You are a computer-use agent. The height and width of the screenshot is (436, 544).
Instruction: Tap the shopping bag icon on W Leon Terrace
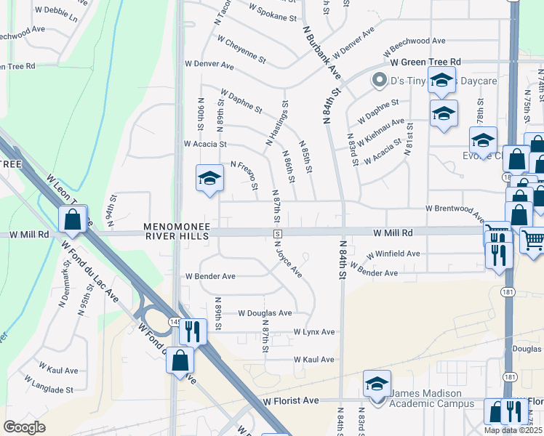73,219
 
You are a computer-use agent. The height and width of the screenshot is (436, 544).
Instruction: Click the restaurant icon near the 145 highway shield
192,331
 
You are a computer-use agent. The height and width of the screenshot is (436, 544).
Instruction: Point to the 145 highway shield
175,320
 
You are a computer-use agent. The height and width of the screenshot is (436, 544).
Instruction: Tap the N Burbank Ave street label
321,52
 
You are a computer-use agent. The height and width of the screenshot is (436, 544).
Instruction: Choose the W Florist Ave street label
291,400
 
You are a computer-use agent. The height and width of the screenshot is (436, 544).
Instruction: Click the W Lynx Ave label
314,332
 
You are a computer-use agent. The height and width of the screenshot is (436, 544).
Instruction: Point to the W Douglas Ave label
265,313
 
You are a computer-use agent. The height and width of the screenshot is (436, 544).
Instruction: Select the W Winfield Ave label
393,254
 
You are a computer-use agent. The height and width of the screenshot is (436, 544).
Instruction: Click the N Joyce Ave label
288,260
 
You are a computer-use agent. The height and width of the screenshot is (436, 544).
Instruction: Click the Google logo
25,427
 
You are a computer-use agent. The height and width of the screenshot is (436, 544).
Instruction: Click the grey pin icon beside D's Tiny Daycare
378,80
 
